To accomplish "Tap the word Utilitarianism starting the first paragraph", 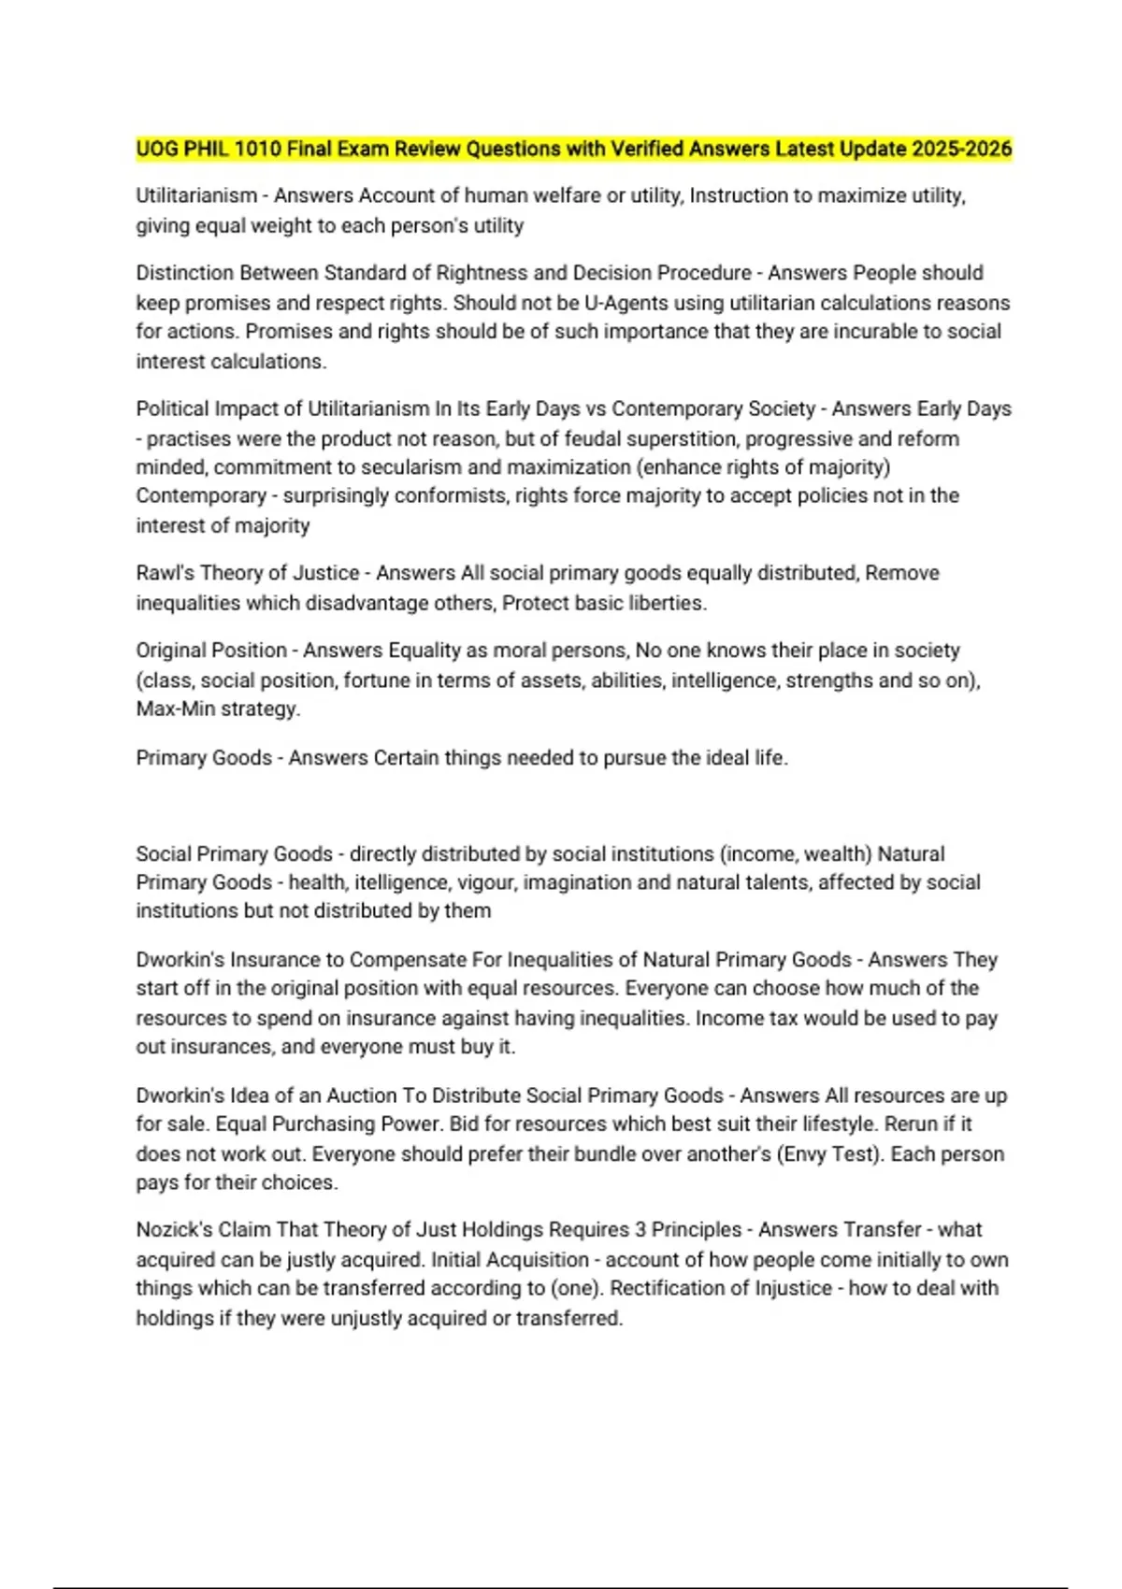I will tap(196, 195).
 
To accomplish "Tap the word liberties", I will tap(664, 603).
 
